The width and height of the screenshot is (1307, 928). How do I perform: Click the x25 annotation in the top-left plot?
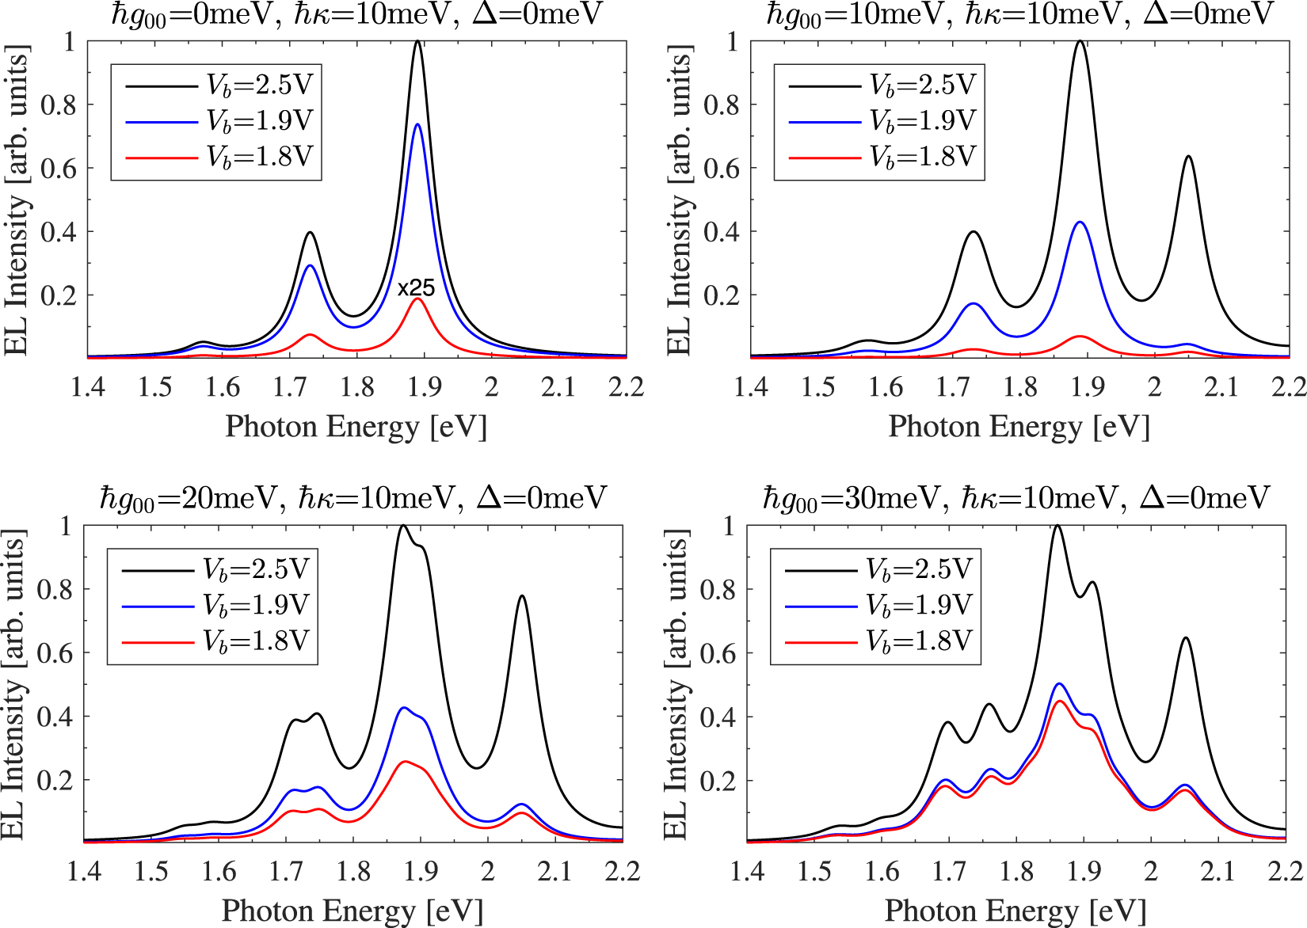click(x=417, y=288)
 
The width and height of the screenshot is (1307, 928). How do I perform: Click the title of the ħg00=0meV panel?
click(x=356, y=14)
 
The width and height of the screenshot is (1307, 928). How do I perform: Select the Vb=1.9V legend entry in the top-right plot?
click(x=923, y=121)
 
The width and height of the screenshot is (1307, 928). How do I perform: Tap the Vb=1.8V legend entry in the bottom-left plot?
click(x=255, y=641)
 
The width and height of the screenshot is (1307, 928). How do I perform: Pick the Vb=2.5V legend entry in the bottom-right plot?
click(x=918, y=569)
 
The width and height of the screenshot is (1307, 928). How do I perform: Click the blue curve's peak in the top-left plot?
click(x=417, y=124)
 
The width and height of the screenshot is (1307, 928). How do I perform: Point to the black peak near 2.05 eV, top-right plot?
click(x=1188, y=157)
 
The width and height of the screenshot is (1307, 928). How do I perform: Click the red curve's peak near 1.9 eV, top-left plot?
click(x=417, y=299)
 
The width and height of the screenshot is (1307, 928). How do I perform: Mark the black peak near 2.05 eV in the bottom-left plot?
click(x=522, y=596)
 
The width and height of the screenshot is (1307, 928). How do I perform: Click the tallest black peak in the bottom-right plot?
click(x=1057, y=526)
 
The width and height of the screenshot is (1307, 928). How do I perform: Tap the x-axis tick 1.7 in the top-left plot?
click(x=290, y=387)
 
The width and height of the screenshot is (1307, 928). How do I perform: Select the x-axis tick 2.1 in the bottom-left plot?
click(x=554, y=872)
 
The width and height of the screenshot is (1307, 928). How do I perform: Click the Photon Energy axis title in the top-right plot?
click(x=1019, y=427)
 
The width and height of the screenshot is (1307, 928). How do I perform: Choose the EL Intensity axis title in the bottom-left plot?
click(x=14, y=684)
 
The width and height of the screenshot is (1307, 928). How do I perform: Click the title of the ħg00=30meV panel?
click(x=1016, y=499)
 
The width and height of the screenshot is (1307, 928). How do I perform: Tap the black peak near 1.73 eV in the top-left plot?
click(x=311, y=233)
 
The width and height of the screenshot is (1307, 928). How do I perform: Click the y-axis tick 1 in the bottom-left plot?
click(x=66, y=526)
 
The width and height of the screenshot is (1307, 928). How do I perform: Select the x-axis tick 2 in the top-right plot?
click(x=1154, y=387)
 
